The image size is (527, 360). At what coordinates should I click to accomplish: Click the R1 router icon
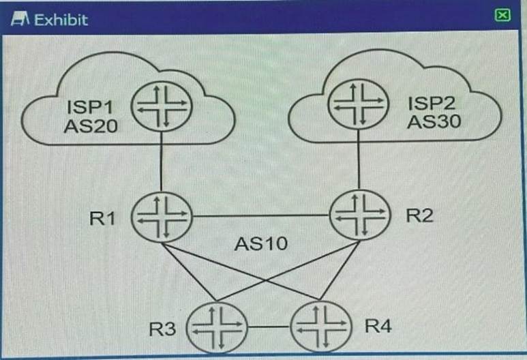tap(162, 217)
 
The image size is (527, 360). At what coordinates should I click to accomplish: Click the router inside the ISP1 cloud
tap(162, 107)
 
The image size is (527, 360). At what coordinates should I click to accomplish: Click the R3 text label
tap(163, 330)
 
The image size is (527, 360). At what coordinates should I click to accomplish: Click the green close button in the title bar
tap(502, 16)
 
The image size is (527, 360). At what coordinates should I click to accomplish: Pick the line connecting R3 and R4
tap(268, 327)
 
